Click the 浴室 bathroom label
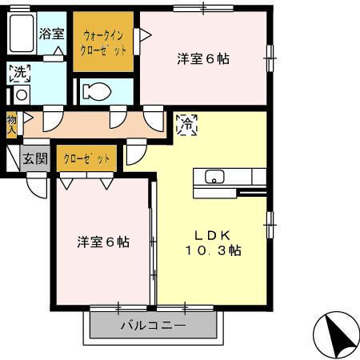[52, 34]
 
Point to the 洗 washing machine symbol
[18, 74]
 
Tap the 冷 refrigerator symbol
[186, 125]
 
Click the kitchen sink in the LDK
[214, 177]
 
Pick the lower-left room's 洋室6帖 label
[103, 241]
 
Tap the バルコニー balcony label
[153, 326]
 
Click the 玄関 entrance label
[34, 158]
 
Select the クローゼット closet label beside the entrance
[86, 158]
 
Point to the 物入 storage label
[11, 123]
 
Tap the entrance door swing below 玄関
[37, 186]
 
